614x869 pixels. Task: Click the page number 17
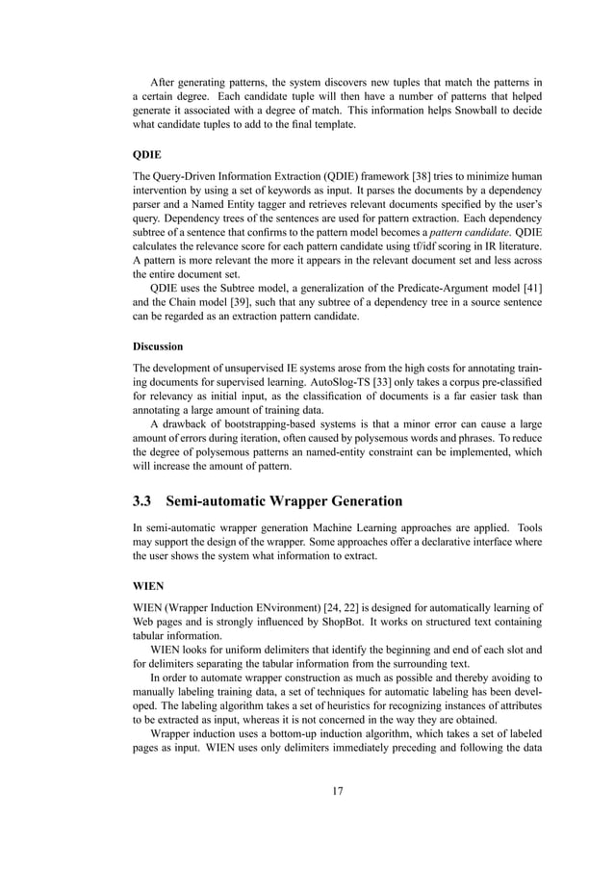point(337,791)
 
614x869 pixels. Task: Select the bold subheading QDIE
point(147,152)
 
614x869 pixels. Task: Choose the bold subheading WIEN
point(148,582)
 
